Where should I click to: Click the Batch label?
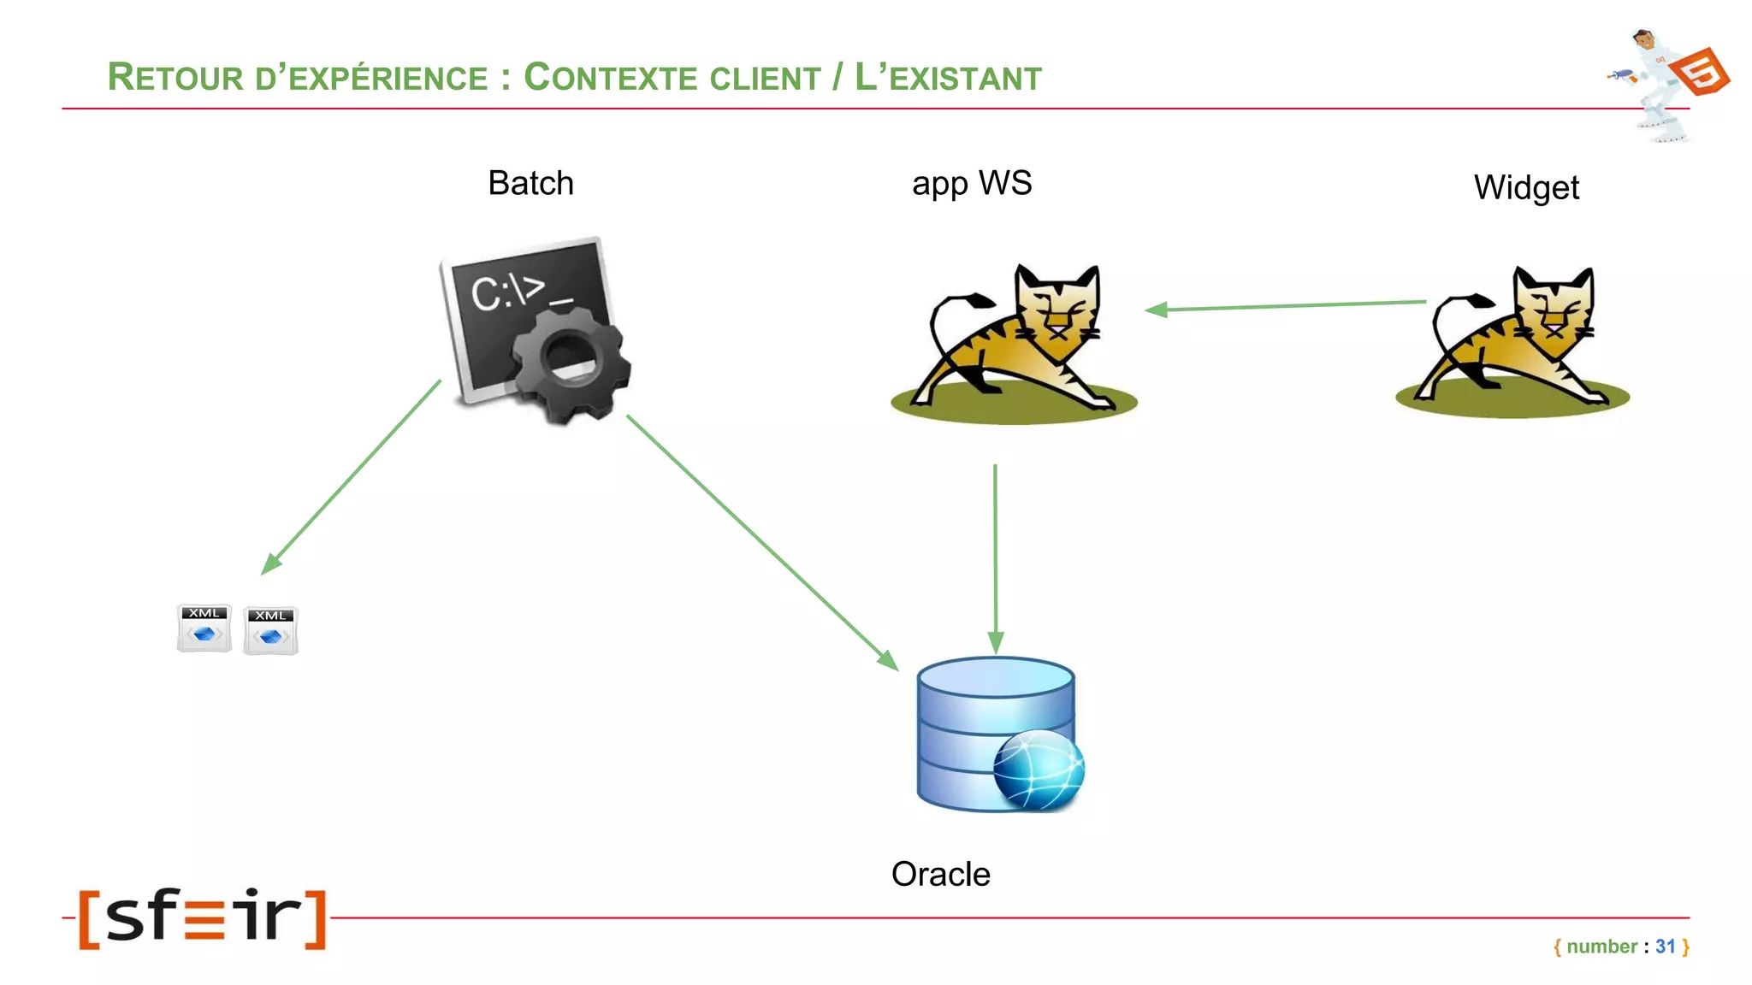530,183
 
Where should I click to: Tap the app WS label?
972,184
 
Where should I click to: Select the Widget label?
1526,188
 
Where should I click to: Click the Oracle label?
940,874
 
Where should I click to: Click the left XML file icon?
204,628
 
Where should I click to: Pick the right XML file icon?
270,631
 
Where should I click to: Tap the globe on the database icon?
1039,769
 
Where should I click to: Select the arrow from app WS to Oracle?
995,556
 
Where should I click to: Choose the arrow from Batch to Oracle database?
761,541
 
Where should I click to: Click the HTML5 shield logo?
1701,72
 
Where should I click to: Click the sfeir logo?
203,917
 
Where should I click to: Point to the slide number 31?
1665,947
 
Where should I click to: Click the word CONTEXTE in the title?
672,78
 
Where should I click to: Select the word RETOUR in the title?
175,78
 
